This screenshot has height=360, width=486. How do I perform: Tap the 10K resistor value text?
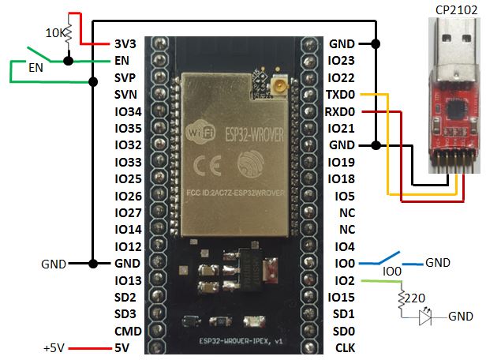pos(54,33)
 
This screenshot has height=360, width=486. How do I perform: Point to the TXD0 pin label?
pos(341,95)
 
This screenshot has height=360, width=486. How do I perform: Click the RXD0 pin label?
pos(341,112)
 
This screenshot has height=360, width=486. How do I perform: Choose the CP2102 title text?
pos(454,9)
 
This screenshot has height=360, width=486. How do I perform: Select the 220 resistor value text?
pos(416,299)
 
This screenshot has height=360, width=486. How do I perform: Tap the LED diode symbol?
pos(427,316)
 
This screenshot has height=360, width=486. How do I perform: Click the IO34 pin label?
pos(128,111)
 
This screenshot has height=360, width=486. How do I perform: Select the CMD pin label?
pos(128,331)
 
